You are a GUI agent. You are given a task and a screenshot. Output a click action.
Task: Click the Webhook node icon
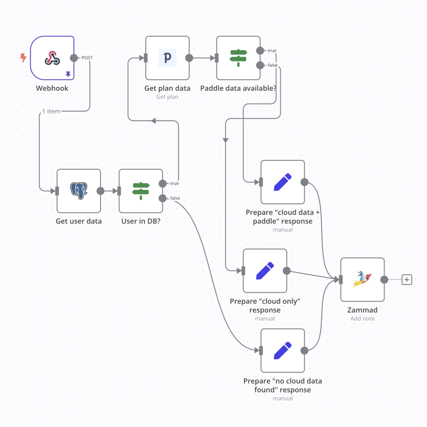52,58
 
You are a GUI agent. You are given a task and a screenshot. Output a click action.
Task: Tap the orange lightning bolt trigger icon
23,58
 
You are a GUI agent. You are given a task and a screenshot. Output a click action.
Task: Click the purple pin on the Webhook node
68,74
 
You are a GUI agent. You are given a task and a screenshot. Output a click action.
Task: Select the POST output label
87,58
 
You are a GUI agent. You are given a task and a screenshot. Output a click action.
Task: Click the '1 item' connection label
51,111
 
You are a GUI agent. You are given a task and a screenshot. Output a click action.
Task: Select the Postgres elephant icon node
79,191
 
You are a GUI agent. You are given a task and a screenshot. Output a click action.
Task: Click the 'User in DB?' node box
141,191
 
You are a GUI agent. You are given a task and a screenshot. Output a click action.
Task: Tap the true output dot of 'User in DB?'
162,183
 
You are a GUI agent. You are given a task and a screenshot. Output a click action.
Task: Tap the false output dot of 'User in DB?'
162,198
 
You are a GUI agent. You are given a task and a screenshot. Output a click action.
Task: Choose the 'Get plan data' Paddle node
167,58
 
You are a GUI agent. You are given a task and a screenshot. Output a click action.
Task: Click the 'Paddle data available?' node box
238,58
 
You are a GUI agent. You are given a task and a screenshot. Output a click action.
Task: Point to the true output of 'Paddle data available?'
260,51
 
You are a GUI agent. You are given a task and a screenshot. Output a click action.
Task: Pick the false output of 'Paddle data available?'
260,65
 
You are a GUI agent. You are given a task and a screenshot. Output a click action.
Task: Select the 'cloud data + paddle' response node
283,182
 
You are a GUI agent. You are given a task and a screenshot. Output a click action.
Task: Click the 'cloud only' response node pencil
265,271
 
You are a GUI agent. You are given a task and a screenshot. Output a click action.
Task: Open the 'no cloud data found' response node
283,350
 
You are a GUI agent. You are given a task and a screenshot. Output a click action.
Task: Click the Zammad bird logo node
362,280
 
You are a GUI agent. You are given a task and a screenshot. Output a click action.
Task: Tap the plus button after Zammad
407,280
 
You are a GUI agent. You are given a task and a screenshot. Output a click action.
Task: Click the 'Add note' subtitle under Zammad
362,318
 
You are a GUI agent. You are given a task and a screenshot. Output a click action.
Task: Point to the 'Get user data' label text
79,221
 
